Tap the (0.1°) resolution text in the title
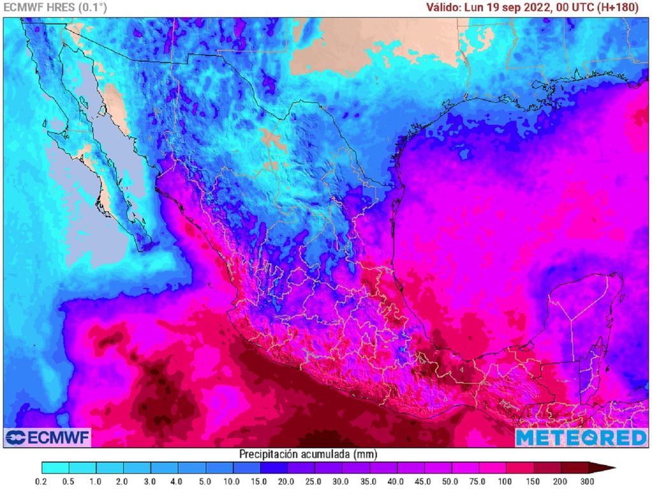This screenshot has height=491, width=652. pos(92,8)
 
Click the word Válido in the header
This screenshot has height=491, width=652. pos(444,8)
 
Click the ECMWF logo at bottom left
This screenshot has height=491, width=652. pos(48,438)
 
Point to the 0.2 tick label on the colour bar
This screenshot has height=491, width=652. pos(42,481)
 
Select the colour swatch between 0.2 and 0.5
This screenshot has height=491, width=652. pos(55,468)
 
